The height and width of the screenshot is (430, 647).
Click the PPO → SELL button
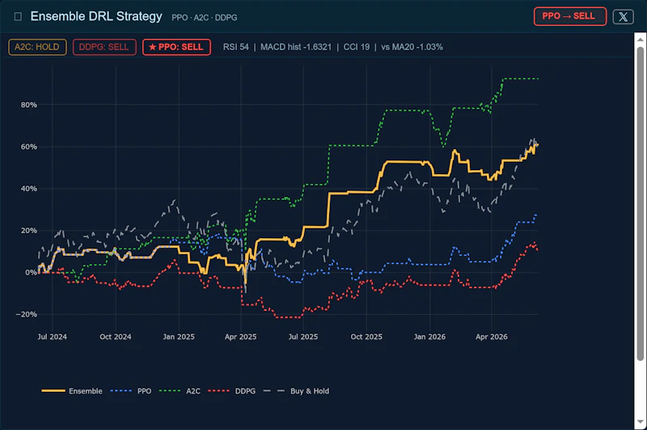pyautogui.click(x=570, y=16)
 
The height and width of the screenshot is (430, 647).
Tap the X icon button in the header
pyautogui.click(x=623, y=16)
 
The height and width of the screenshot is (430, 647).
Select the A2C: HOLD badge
pyautogui.click(x=37, y=47)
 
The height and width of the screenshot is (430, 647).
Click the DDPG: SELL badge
pyautogui.click(x=104, y=47)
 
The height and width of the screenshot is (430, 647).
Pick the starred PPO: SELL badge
pyautogui.click(x=176, y=47)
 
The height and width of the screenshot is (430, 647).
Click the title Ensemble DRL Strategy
pyautogui.click(x=96, y=16)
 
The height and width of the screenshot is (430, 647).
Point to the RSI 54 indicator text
pyautogui.click(x=236, y=47)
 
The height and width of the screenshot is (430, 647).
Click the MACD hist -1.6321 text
pyautogui.click(x=296, y=47)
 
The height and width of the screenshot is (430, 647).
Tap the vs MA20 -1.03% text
pyautogui.click(x=412, y=47)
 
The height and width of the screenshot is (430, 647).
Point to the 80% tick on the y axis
pyautogui.click(x=29, y=105)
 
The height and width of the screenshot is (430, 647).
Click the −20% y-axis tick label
pyautogui.click(x=27, y=314)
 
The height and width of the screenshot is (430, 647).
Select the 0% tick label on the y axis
pyautogui.click(x=31, y=273)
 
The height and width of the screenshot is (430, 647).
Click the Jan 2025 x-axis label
pyautogui.click(x=179, y=337)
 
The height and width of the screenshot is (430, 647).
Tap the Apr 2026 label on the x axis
pyautogui.click(x=492, y=337)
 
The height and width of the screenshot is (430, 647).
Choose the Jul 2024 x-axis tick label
pyautogui.click(x=52, y=337)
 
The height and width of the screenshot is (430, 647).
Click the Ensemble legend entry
pyautogui.click(x=72, y=391)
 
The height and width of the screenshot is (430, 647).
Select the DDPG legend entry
pyautogui.click(x=232, y=391)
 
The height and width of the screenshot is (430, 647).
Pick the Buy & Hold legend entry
pyautogui.click(x=296, y=391)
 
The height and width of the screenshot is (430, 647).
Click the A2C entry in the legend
pyautogui.click(x=180, y=391)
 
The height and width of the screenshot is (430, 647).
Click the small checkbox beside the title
pyautogui.click(x=18, y=16)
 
